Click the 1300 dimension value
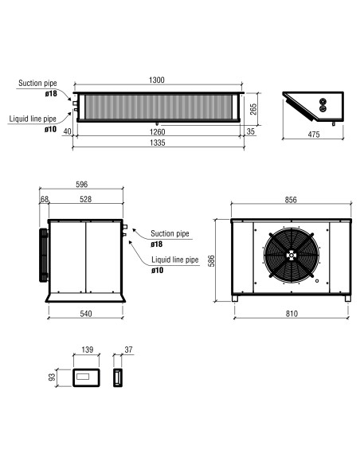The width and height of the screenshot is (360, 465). click(157, 80)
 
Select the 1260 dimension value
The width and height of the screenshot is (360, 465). click(157, 131)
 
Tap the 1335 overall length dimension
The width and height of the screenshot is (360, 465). click(157, 143)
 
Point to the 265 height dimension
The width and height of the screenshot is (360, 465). click(253, 109)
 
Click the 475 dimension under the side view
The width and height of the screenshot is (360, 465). click(314, 135)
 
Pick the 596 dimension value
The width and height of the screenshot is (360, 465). click(81, 184)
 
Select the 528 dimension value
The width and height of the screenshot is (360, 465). click(85, 199)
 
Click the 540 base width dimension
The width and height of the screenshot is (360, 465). click(86, 314)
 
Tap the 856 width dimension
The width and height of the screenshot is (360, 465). click(291, 200)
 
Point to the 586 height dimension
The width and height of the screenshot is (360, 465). click(211, 260)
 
